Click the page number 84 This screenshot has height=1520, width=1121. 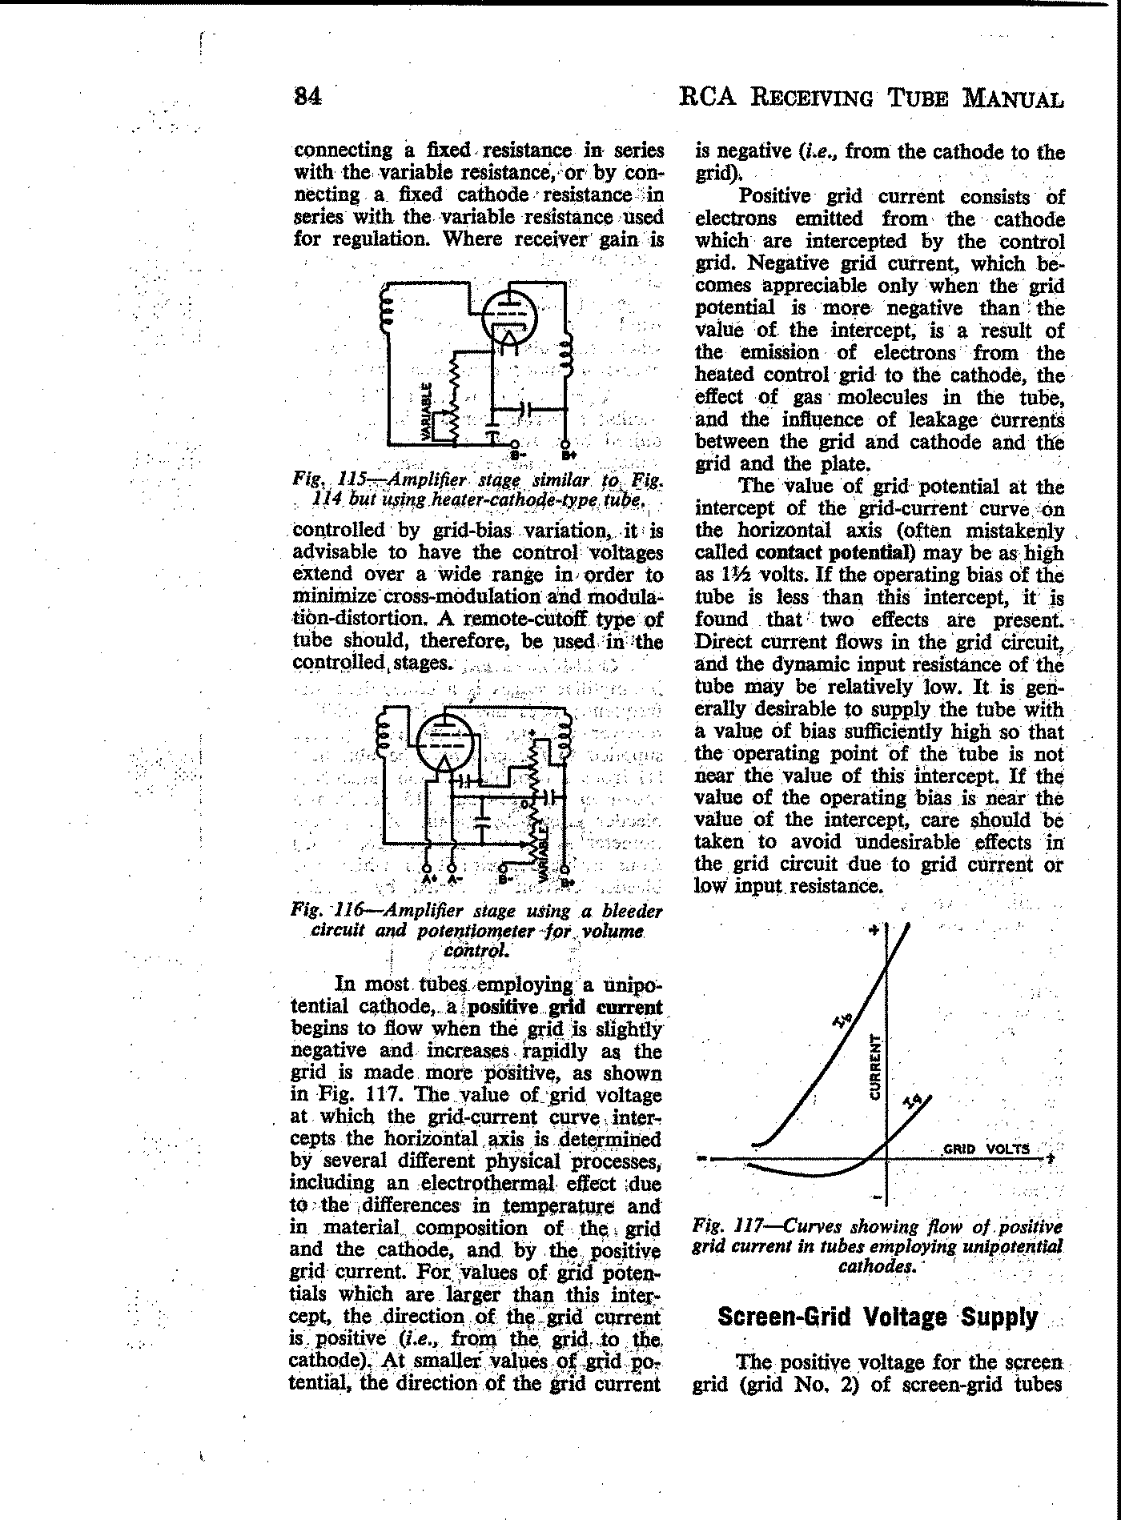(308, 97)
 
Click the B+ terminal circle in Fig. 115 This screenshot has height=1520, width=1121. (566, 445)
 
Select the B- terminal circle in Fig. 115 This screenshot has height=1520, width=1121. (515, 445)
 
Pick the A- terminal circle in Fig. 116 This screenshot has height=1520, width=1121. (453, 868)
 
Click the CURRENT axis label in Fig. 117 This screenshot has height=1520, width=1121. (875, 1067)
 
